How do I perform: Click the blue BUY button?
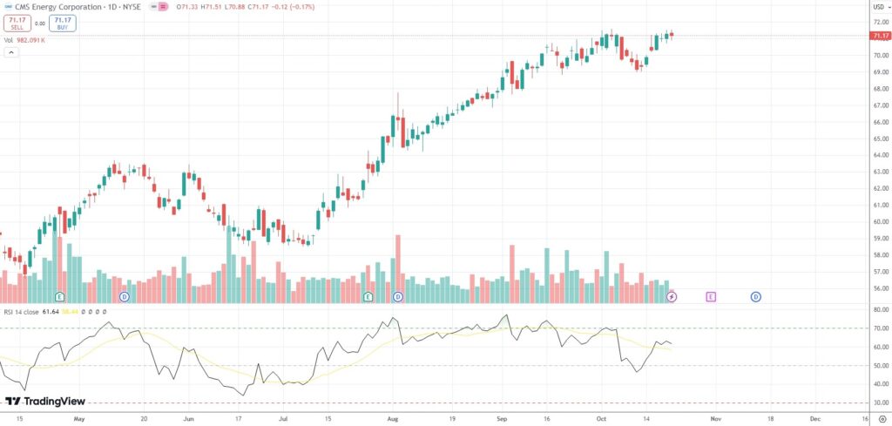click(62, 24)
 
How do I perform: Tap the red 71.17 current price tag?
click(879, 36)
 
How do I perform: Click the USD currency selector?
click(879, 7)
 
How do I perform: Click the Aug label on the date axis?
click(393, 418)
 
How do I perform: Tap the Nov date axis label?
click(715, 418)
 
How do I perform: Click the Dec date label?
click(815, 418)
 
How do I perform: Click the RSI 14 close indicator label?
click(21, 311)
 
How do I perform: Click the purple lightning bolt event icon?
click(672, 297)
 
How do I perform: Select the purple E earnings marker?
click(711, 297)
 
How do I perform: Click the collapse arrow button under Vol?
click(11, 52)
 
